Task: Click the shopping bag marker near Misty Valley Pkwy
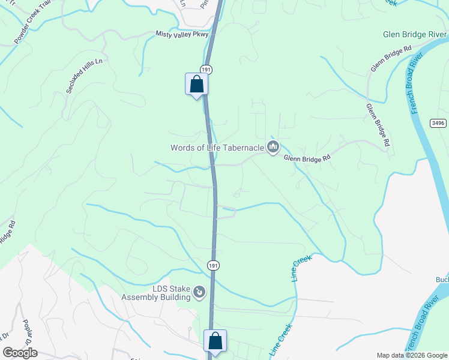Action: [196, 84]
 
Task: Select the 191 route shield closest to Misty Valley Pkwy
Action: [206, 70]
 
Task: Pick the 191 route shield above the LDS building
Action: [213, 265]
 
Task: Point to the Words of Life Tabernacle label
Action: [217, 148]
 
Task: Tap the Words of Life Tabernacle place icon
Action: [273, 147]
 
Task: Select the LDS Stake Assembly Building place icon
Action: [200, 293]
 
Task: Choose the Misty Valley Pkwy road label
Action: [181, 35]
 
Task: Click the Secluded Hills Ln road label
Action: [80, 77]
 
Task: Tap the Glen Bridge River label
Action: [415, 34]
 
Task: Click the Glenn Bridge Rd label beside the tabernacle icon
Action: [307, 158]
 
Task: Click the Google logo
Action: [20, 353]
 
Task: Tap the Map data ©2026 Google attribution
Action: [412, 355]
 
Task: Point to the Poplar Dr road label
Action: [26, 331]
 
